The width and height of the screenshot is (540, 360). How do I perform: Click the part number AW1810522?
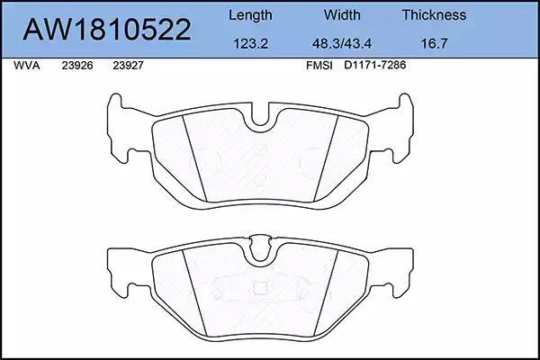(107, 30)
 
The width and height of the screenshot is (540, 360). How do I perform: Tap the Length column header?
(250, 15)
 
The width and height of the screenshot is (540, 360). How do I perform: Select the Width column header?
(342, 14)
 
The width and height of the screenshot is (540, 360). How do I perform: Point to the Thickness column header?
(434, 14)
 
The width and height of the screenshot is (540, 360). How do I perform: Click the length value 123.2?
(250, 44)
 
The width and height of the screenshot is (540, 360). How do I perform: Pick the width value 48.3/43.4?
(342, 44)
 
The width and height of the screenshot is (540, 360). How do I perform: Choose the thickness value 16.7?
(434, 44)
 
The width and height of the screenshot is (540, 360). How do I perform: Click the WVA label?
(26, 66)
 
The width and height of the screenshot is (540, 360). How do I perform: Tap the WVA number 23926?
(77, 66)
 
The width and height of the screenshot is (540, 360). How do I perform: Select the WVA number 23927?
(128, 66)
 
